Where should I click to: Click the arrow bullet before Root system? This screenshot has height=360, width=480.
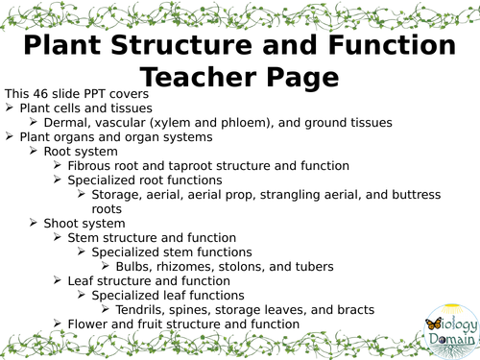click(x=36, y=152)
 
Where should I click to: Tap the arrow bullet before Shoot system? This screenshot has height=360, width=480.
click(x=36, y=223)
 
